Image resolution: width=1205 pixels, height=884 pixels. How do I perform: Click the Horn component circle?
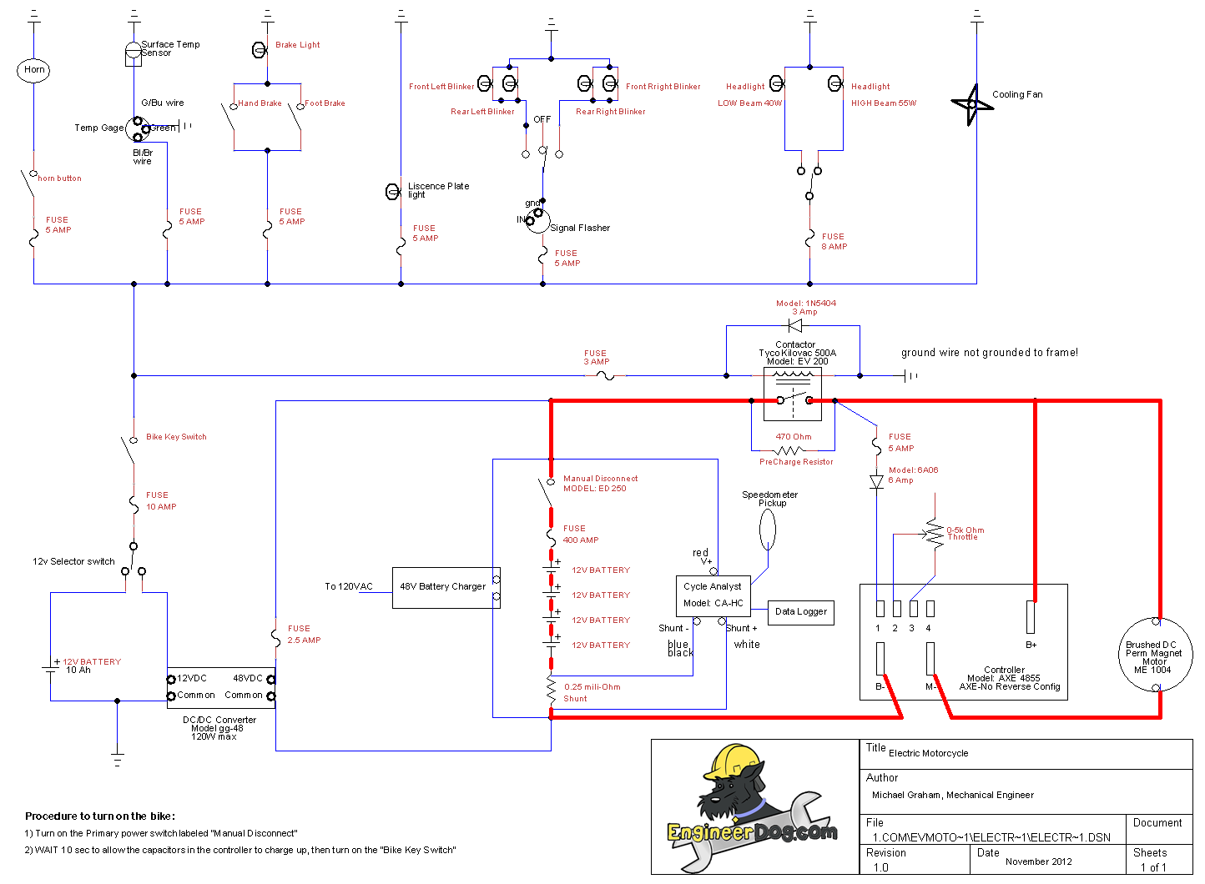(x=33, y=70)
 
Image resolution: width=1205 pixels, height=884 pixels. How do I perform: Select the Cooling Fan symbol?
(x=971, y=104)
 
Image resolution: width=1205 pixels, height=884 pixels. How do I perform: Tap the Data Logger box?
(x=800, y=612)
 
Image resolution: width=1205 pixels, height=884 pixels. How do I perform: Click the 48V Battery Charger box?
(x=443, y=587)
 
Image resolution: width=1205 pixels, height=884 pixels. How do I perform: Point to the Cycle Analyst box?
(x=713, y=595)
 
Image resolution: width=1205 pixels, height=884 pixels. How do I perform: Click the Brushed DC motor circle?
(x=1156, y=655)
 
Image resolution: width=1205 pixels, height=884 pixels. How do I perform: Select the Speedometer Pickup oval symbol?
(x=768, y=529)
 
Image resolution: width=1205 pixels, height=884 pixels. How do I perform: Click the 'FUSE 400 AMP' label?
(x=581, y=535)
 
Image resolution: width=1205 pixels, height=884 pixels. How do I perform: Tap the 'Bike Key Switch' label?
(x=176, y=437)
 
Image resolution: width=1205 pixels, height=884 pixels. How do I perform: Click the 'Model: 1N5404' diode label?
(x=805, y=304)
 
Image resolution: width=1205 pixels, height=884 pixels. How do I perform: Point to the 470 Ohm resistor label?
(x=793, y=437)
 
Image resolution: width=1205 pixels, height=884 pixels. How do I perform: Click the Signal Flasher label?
(x=580, y=229)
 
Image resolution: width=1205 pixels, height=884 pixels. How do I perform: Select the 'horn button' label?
(x=59, y=178)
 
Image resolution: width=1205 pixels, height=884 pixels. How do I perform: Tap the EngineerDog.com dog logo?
(x=743, y=801)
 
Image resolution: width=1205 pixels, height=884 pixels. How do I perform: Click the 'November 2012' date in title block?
(x=1038, y=861)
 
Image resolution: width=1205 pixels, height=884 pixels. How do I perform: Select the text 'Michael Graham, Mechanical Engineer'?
(x=952, y=796)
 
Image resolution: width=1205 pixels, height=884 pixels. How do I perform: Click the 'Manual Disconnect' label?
(x=600, y=479)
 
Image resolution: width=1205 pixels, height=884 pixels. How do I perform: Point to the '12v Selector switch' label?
(x=73, y=562)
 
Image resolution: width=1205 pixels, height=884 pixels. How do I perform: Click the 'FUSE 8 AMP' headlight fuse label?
(x=834, y=242)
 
